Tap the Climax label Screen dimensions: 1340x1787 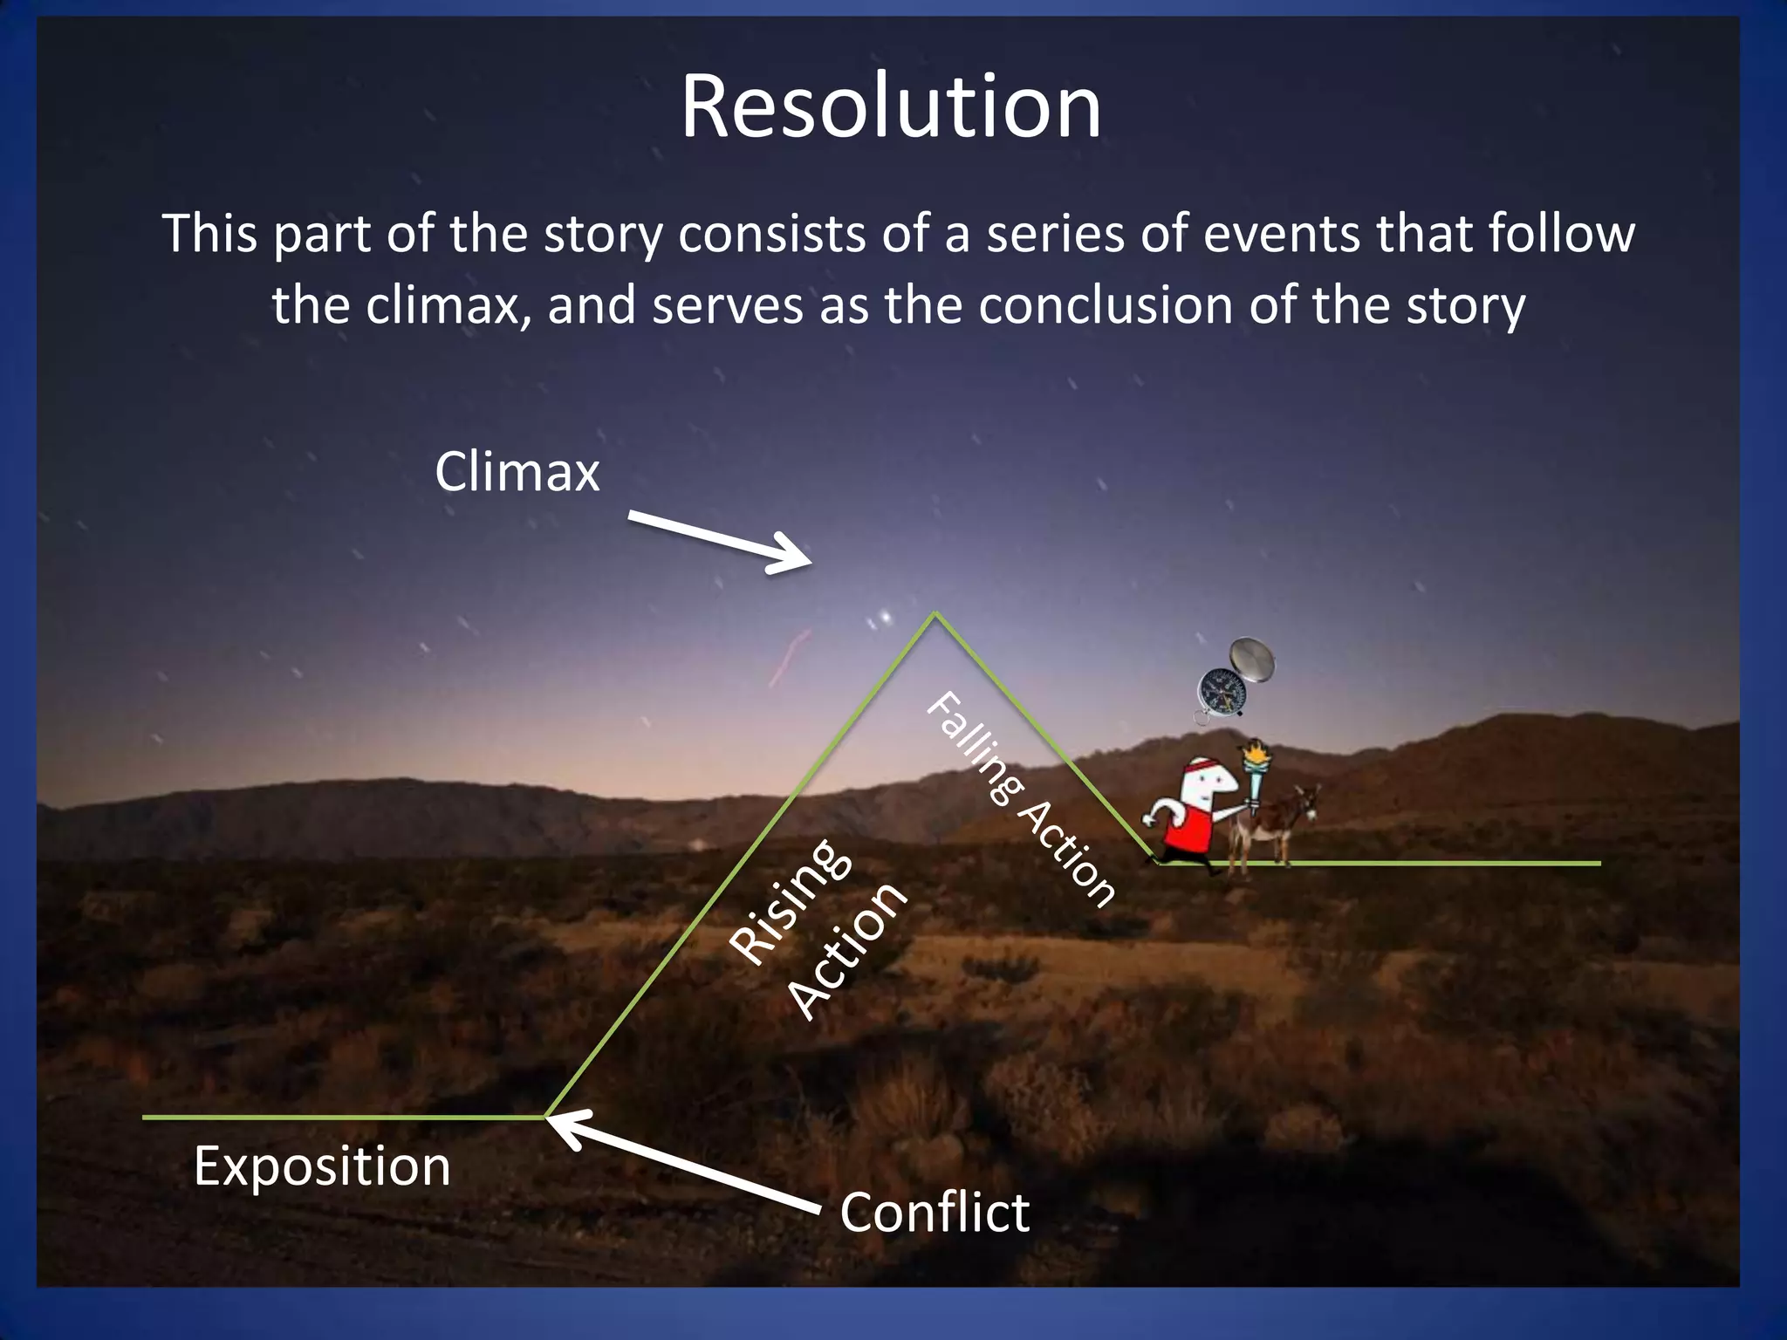click(x=517, y=472)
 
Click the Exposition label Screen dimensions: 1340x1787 click(x=322, y=1166)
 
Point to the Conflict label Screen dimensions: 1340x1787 click(x=935, y=1212)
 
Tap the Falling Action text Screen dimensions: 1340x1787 click(x=1019, y=798)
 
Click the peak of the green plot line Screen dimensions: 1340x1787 click(x=935, y=614)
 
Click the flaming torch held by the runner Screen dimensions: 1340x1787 click(x=1256, y=768)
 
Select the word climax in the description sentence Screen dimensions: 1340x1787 click(x=441, y=305)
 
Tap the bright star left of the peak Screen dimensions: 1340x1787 click(x=887, y=618)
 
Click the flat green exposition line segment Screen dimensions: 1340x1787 click(x=340, y=1117)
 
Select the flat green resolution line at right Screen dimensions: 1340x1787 click(x=1431, y=863)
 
